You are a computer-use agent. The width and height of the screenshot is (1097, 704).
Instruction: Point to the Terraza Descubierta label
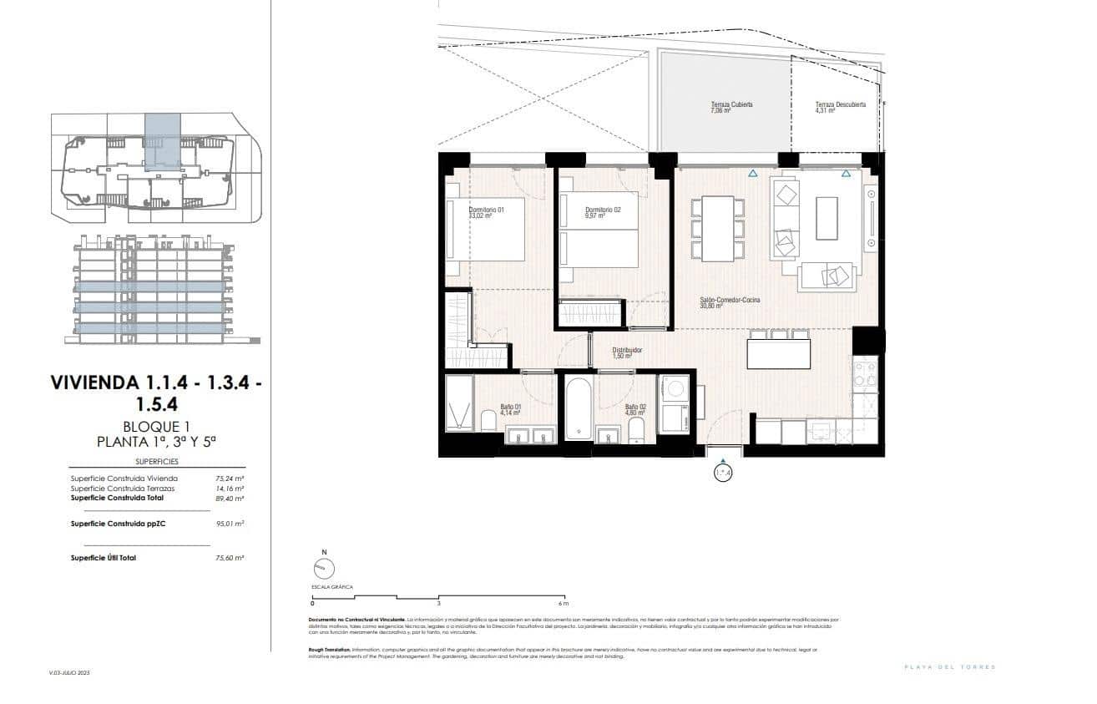pyautogui.click(x=840, y=104)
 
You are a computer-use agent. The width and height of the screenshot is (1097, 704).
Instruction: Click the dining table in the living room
pyautogui.click(x=718, y=228)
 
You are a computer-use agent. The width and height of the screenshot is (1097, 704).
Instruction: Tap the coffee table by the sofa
pyautogui.click(x=827, y=217)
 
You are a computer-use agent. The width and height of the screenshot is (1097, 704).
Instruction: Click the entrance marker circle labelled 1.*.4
pyautogui.click(x=723, y=474)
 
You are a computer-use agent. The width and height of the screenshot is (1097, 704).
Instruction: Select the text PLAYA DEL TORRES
pyautogui.click(x=951, y=666)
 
